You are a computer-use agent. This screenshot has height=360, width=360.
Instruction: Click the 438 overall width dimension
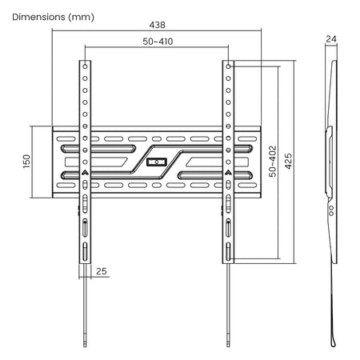pos(157,25)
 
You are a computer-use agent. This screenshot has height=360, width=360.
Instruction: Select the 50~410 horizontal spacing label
pos(158,42)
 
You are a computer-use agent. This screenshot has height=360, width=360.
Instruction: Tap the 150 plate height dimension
pos(27,161)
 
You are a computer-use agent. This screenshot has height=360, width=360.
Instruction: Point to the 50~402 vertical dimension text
pos(273,162)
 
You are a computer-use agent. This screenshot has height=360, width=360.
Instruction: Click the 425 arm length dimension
pos(288,161)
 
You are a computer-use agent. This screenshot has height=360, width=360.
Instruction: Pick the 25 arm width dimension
pos(102,271)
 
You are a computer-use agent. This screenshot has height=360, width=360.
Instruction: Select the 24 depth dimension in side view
pos(331,39)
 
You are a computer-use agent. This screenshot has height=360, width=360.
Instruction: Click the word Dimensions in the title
pos(38,17)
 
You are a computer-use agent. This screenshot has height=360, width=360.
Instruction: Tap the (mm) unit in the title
pos(81,18)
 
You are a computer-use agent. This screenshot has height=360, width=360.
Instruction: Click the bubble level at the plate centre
pos(157,162)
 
